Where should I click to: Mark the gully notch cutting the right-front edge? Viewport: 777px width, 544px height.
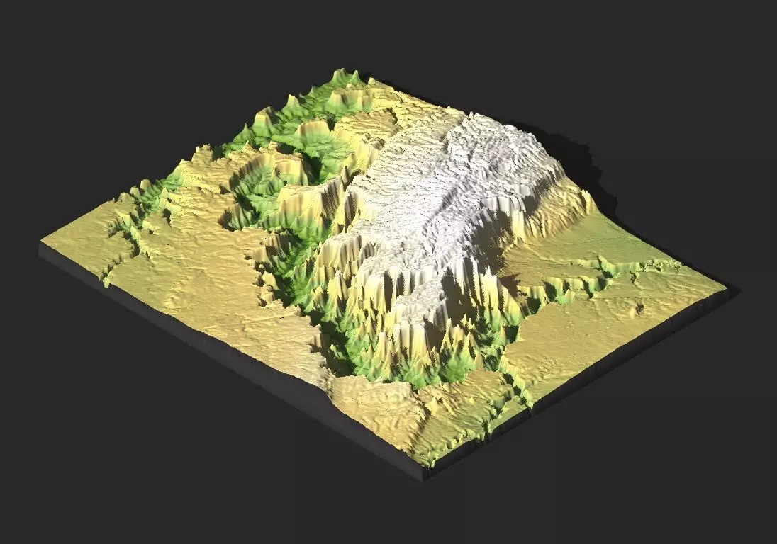pos(528,404)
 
